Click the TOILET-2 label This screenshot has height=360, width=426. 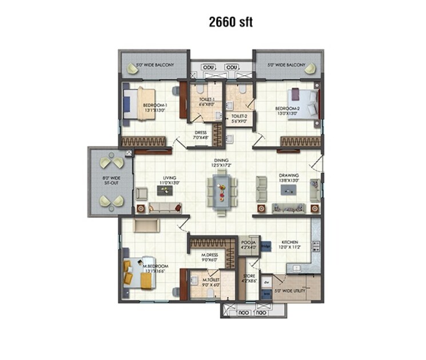coord(239,118)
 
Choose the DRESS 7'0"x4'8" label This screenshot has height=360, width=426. coord(200,135)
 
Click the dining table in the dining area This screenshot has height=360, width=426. coord(221,189)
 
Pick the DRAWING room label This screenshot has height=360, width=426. coord(289,178)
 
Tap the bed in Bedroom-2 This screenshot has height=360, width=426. coord(303,104)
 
